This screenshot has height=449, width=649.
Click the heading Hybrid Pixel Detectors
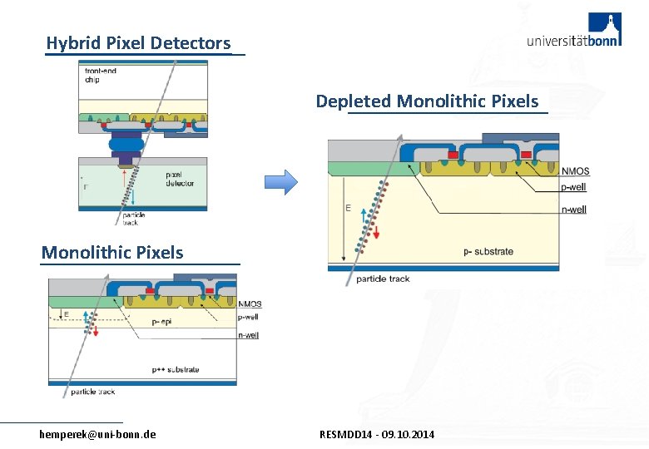pyautogui.click(x=138, y=43)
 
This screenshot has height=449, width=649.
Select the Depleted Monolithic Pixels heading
pyautogui.click(x=427, y=101)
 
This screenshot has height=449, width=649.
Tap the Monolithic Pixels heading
pyautogui.click(x=112, y=252)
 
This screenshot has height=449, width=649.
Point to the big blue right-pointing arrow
pyautogui.click(x=280, y=182)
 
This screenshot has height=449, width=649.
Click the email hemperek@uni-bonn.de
pyautogui.click(x=97, y=435)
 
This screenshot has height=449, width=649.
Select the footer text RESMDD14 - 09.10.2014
pyautogui.click(x=377, y=435)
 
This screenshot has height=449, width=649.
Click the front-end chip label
pyautogui.click(x=100, y=76)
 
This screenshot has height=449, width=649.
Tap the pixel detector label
pyautogui.click(x=180, y=179)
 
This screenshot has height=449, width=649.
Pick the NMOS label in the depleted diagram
pyautogui.click(x=576, y=172)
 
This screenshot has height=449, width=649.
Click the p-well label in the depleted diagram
pyautogui.click(x=573, y=189)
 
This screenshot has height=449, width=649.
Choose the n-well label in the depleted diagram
pyautogui.click(x=573, y=210)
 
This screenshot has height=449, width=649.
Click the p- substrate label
pyautogui.click(x=488, y=251)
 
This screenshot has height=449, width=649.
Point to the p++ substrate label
pyautogui.click(x=176, y=370)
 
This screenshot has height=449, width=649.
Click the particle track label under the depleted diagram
pyautogui.click(x=383, y=279)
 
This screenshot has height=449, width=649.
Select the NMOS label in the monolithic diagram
pyautogui.click(x=250, y=304)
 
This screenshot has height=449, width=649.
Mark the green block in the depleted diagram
pyautogui.click(x=370, y=170)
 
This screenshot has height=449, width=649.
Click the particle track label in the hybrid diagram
pyautogui.click(x=133, y=220)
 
